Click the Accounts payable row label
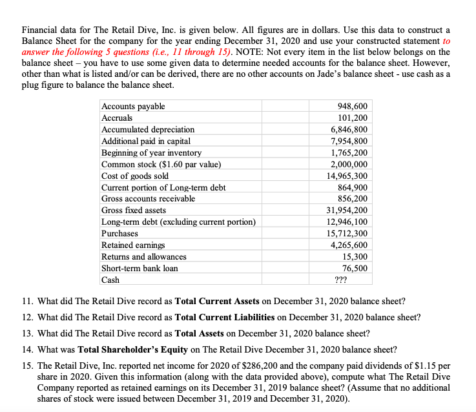coord(133,107)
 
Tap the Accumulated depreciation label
coord(148,130)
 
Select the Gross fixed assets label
coord(134,211)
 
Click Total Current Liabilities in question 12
coord(225,318)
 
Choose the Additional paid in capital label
coord(146,141)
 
